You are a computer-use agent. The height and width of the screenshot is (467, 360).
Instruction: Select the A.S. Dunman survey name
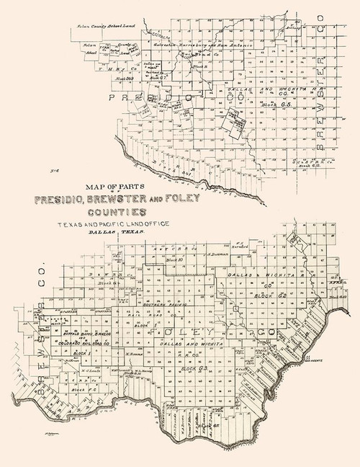pos(217,254)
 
